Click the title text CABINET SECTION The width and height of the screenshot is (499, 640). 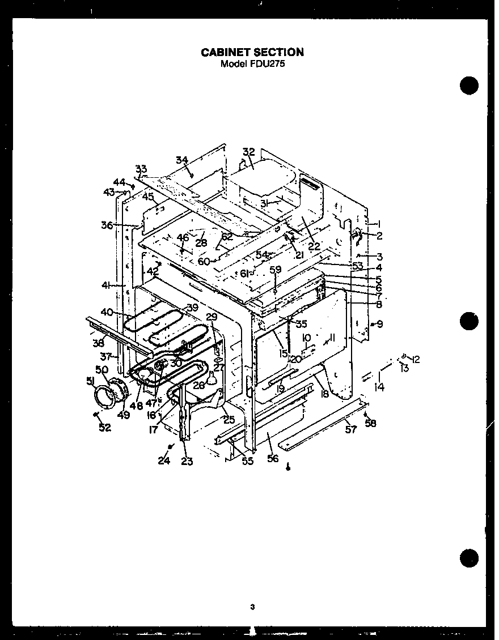coord(252,52)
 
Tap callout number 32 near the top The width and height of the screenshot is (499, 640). coord(249,152)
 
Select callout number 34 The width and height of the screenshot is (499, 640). coord(181,160)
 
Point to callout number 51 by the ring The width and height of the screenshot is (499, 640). coord(90,381)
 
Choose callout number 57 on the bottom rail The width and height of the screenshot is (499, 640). coord(351,430)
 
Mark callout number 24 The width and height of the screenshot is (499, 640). coord(164,461)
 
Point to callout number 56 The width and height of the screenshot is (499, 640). coord(273,458)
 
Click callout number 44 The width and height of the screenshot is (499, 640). coord(119,182)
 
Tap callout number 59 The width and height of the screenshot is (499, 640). coord(275,270)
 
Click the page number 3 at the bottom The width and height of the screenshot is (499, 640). coord(252,608)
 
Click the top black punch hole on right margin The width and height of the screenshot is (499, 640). coord(470,86)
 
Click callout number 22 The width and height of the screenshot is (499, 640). coord(314,246)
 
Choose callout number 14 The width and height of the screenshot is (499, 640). coord(379,387)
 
